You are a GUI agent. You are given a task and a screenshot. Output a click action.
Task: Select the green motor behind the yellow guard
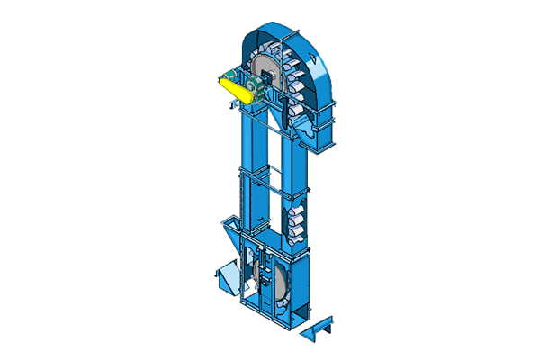coord(232,76)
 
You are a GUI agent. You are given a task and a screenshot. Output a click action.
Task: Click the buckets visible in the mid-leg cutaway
coord(296,221)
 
